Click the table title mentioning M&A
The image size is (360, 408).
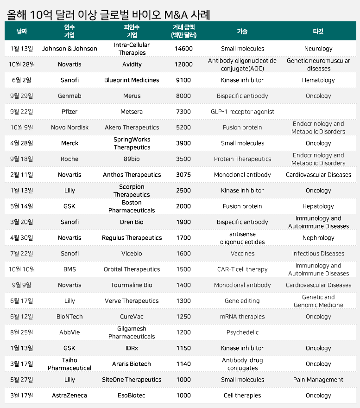109,14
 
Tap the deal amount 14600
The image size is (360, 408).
183,49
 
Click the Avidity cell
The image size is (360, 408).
132,64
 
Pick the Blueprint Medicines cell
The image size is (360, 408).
132,80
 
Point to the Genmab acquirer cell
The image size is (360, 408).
69,96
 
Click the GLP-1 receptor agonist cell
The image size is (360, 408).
242,112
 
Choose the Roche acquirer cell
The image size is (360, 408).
69,159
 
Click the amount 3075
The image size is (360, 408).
183,175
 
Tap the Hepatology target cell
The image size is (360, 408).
318,206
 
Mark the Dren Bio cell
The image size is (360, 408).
132,222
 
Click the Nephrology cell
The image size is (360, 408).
318,238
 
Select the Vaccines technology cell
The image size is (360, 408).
242,254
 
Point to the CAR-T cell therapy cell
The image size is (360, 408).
242,269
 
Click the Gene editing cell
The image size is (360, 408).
242,301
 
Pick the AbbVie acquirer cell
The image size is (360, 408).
69,332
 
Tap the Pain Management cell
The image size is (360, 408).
318,380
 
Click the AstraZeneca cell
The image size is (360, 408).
69,395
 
